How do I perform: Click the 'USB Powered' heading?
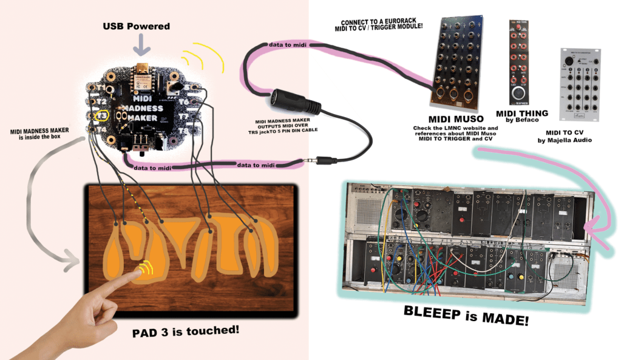pos(136,26)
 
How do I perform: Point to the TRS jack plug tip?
pos(305,161)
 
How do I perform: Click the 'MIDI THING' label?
pos(521,113)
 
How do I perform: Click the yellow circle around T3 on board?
pos(103,115)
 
